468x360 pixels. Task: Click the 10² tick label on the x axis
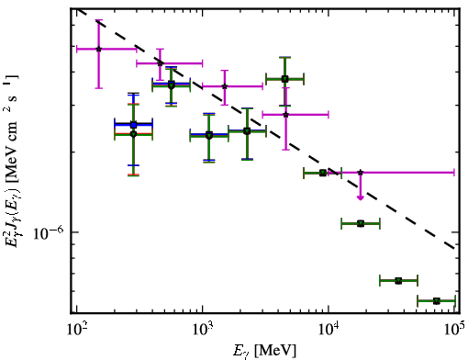(x=77, y=330)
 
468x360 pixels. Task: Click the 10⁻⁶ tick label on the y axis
(x=49, y=232)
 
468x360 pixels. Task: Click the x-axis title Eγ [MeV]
(x=264, y=351)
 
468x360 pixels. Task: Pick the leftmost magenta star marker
(x=98, y=49)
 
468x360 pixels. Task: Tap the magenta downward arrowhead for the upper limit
(x=361, y=197)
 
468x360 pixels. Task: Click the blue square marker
(x=133, y=125)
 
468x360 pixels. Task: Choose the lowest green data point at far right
(x=437, y=301)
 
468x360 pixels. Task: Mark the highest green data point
(x=284, y=79)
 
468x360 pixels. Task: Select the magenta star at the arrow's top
(x=361, y=173)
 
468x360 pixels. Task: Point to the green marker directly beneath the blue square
(x=133, y=134)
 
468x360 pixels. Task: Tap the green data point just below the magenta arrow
(x=361, y=224)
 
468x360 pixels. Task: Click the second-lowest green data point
(x=398, y=281)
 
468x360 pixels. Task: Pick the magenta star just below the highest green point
(x=285, y=115)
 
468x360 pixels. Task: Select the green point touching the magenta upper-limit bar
(x=323, y=173)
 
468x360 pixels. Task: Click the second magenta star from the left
(x=160, y=63)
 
